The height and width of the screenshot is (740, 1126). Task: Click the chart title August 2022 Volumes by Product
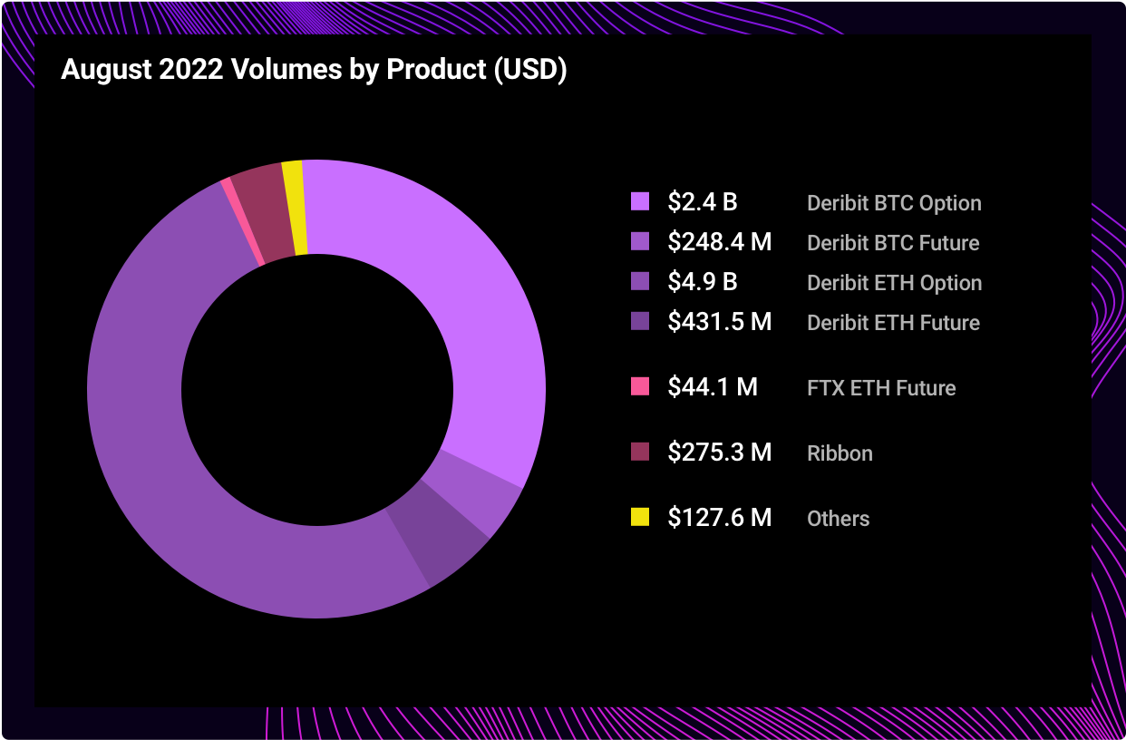pyautogui.click(x=314, y=71)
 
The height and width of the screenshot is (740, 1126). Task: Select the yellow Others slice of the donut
pyautogui.click(x=294, y=208)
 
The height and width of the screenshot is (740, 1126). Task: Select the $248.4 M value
pyautogui.click(x=720, y=242)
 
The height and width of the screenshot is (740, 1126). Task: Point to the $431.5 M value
pyautogui.click(x=720, y=322)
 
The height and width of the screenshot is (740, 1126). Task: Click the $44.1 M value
pyautogui.click(x=713, y=387)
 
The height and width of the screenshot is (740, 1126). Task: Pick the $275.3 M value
pyautogui.click(x=720, y=453)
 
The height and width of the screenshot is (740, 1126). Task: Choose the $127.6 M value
pyautogui.click(x=720, y=518)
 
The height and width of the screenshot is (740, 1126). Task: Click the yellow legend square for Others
pyautogui.click(x=640, y=517)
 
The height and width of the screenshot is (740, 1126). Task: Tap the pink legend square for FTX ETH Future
pyautogui.click(x=640, y=386)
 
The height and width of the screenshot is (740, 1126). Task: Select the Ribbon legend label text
pyautogui.click(x=840, y=453)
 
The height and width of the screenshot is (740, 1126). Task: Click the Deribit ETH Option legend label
pyautogui.click(x=894, y=283)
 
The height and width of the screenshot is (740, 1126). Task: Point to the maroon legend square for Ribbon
pyautogui.click(x=640, y=452)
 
